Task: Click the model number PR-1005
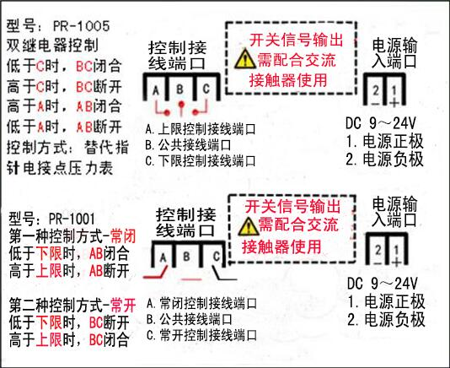coord(82,26)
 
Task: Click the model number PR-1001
coord(72,219)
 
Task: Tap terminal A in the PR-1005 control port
coord(156,90)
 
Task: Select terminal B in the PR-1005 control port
coord(180,89)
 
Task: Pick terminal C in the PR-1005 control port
coord(206,89)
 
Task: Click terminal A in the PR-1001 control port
coord(163,257)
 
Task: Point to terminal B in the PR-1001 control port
coord(186,257)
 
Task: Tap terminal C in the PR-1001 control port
coord(217,256)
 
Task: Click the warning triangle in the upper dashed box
coord(244,59)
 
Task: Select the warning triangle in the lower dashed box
coord(249,226)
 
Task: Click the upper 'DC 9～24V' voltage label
coord(381,123)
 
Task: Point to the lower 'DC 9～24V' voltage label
coord(383,284)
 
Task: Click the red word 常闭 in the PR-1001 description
coord(123,236)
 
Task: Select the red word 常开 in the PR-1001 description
coord(123,306)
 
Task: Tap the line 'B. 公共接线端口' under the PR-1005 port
coord(188,145)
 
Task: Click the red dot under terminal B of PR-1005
coord(181,104)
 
